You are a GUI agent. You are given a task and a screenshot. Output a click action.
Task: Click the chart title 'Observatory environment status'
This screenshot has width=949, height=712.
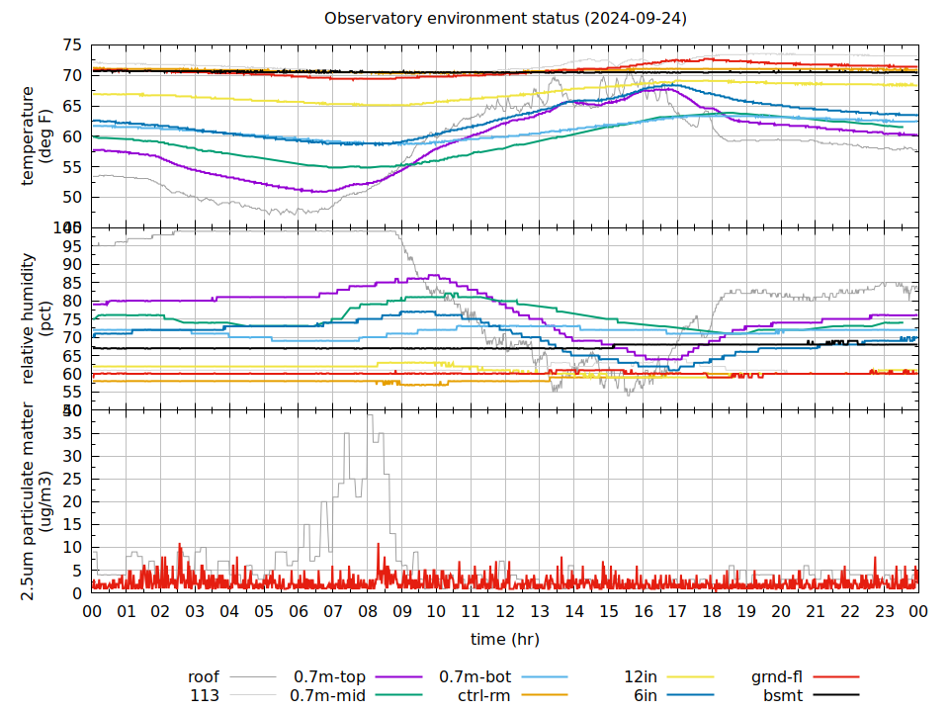tap(505, 18)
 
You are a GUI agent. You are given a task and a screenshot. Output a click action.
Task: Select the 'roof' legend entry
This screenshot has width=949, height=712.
tap(204, 677)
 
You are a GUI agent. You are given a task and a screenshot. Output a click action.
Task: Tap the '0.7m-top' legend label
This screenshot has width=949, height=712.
tap(330, 677)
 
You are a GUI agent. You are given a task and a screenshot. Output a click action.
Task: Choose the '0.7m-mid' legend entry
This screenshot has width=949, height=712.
tap(328, 695)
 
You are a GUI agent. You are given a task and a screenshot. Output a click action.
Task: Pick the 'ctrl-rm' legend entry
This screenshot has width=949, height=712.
tap(484, 695)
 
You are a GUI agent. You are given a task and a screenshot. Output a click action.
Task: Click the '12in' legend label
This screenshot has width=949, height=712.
tap(641, 677)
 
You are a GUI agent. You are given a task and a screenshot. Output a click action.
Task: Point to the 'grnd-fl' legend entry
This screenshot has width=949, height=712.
tap(776, 677)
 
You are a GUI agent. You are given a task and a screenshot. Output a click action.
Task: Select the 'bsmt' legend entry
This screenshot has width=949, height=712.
tap(782, 695)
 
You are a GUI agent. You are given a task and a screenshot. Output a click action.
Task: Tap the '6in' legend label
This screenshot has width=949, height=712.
tap(646, 695)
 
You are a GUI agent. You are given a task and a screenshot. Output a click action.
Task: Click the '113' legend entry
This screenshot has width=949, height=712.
tap(205, 695)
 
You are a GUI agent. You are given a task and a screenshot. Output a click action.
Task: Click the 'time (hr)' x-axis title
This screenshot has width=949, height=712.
tap(505, 639)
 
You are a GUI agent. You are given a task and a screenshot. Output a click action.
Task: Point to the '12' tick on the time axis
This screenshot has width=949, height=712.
tap(505, 612)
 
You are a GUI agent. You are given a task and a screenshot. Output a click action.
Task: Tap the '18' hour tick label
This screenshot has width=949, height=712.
tap(712, 612)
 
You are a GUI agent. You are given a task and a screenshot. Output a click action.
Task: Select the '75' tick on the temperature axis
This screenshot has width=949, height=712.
tap(72, 45)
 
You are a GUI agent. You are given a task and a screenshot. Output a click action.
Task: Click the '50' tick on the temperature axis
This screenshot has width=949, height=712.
tap(72, 197)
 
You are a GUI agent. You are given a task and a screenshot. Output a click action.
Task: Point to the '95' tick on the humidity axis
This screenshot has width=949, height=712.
tap(72, 246)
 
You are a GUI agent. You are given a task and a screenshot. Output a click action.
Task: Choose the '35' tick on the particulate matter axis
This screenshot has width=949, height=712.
tap(72, 433)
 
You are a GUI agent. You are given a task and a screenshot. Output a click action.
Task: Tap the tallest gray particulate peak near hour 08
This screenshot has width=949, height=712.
tap(371, 416)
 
